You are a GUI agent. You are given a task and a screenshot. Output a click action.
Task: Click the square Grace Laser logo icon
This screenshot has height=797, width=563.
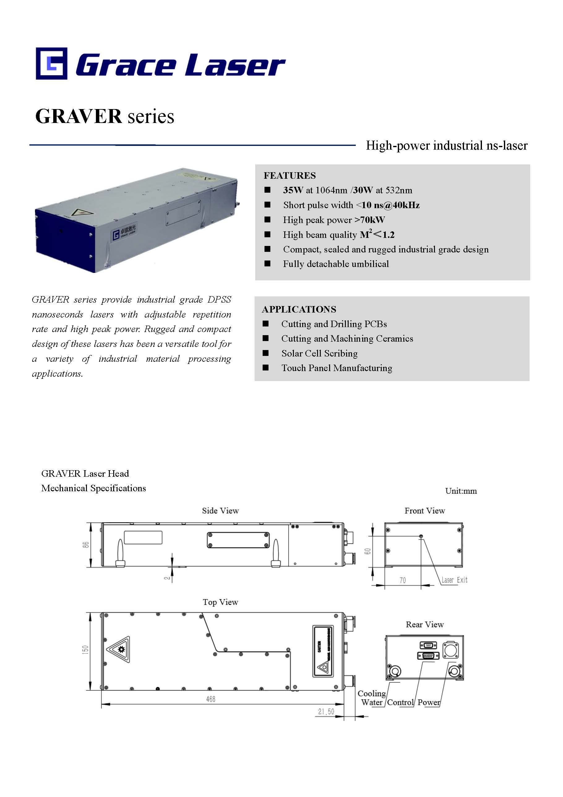pyautogui.click(x=51, y=63)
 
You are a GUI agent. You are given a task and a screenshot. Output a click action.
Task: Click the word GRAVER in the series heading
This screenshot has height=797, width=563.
pyautogui.click(x=78, y=116)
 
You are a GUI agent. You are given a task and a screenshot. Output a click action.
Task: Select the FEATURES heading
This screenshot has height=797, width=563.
pyautogui.click(x=290, y=176)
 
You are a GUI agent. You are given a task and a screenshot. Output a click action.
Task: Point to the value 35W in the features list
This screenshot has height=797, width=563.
pyautogui.click(x=293, y=190)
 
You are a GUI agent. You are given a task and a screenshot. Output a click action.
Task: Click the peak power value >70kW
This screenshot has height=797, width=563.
pyautogui.click(x=370, y=220)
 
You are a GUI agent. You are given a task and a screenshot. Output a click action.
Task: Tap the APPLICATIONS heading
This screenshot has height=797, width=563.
pyautogui.click(x=299, y=309)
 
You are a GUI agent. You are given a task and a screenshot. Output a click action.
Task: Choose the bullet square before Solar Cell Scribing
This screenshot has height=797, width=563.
pyautogui.click(x=265, y=353)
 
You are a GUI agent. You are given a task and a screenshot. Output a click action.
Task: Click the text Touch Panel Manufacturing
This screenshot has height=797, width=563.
pyautogui.click(x=337, y=368)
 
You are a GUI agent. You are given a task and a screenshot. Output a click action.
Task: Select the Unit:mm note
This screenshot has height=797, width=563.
pyautogui.click(x=461, y=491)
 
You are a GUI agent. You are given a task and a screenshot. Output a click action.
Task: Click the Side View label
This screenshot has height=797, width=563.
pyautogui.click(x=221, y=510)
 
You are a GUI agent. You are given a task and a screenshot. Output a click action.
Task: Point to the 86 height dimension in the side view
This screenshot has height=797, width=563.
pyautogui.click(x=86, y=545)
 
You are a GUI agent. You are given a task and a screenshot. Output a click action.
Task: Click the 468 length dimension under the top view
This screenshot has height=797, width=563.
pyautogui.click(x=210, y=699)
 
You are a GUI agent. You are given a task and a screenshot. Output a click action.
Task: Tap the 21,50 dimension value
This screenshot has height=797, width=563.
pyautogui.click(x=326, y=712)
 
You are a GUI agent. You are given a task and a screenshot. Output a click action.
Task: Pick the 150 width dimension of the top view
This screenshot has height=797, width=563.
pyautogui.click(x=85, y=650)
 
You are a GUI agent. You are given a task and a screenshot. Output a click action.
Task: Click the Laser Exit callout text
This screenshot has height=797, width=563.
pyautogui.click(x=454, y=580)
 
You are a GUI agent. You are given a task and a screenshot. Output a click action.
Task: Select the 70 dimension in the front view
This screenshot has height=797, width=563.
pyautogui.click(x=402, y=580)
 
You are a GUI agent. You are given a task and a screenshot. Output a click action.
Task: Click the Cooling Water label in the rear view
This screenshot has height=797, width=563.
pyautogui.click(x=372, y=698)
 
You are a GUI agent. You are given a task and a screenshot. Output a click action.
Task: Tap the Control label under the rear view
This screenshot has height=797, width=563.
pyautogui.click(x=400, y=702)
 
